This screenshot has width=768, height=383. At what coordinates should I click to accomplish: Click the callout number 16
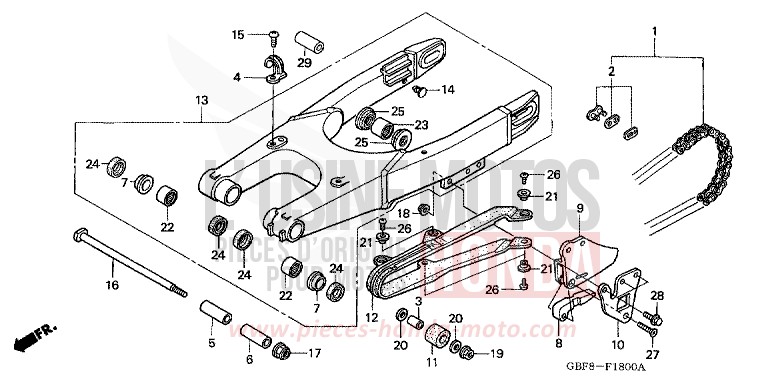(112, 285)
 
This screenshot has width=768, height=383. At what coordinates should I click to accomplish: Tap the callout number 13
(201, 101)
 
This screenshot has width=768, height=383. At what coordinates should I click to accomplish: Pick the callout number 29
(304, 62)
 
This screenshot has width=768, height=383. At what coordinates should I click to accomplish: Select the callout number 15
(238, 35)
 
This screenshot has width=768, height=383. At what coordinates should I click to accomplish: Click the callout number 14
(447, 90)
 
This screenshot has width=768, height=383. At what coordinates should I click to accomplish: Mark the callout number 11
(433, 363)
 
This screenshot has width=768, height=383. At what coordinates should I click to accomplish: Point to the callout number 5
(211, 343)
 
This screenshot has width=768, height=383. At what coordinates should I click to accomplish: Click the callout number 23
(421, 125)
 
